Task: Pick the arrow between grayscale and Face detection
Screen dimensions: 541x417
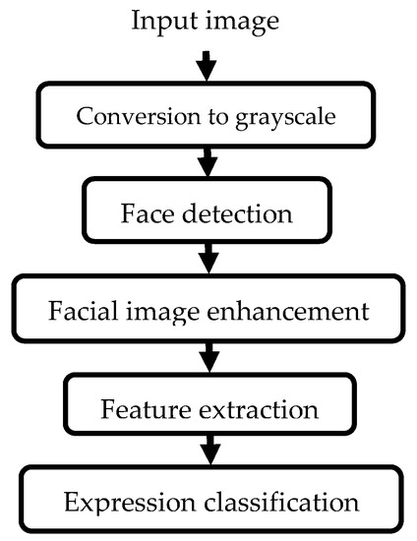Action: pos(206,160)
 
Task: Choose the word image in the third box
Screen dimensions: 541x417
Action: pos(158,313)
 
